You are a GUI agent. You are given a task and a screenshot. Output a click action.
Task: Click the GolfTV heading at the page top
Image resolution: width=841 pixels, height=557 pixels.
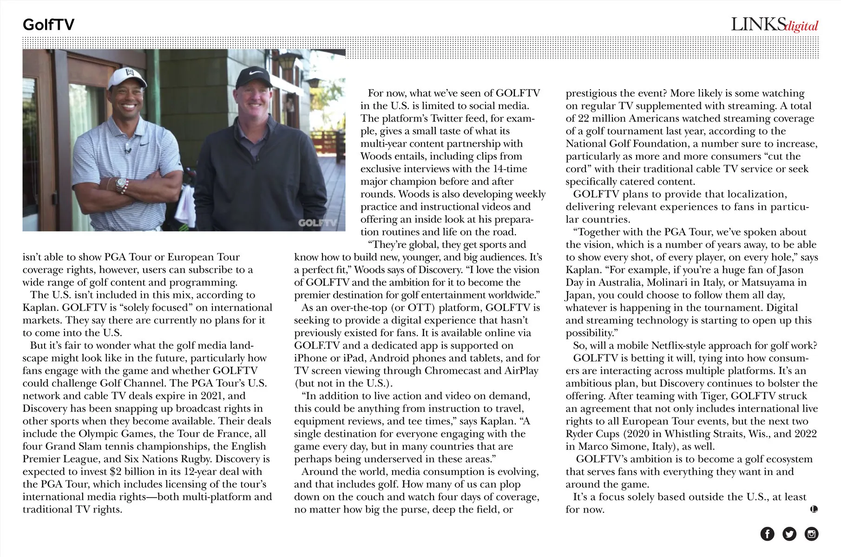point(48,25)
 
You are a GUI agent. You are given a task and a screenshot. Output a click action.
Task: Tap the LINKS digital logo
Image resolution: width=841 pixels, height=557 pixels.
point(774,25)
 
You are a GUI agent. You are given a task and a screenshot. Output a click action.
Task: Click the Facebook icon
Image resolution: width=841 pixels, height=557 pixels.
point(767,534)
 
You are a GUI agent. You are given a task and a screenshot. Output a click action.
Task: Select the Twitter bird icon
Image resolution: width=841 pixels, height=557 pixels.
point(789,534)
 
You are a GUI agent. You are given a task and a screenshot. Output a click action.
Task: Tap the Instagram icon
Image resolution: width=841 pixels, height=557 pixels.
point(811,534)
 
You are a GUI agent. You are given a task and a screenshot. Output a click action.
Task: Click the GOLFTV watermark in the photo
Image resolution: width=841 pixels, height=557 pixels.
point(317,223)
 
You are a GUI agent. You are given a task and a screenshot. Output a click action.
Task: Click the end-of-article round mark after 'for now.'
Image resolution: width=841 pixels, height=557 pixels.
point(814,509)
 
